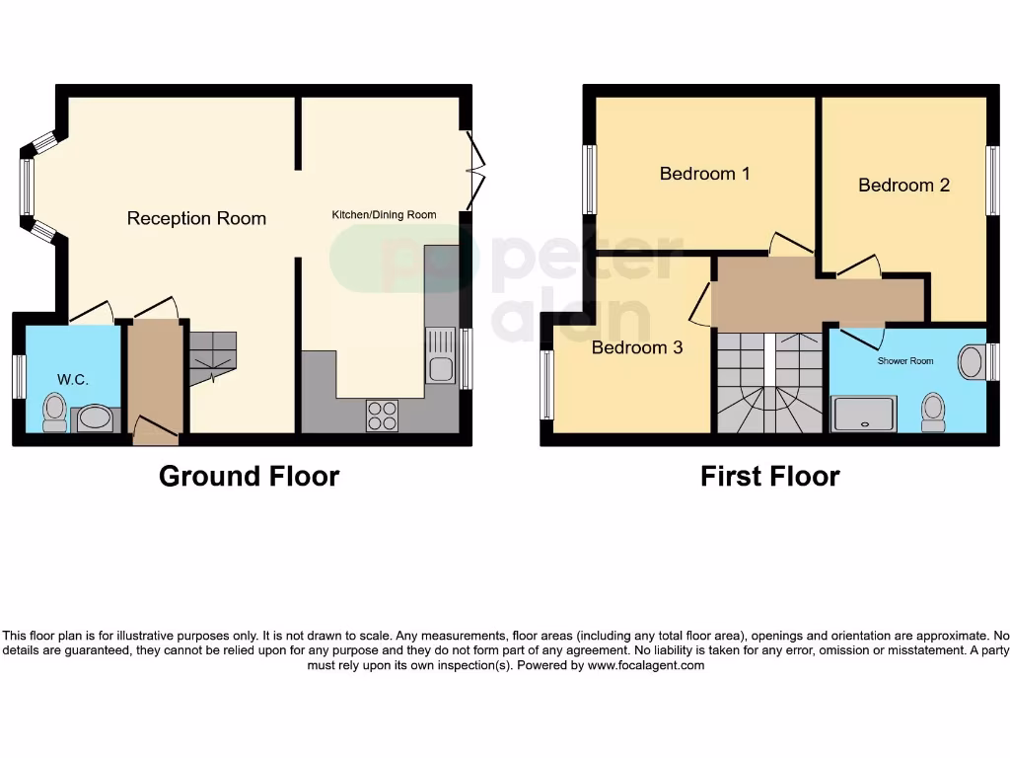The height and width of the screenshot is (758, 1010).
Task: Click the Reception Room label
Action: tap(196, 218)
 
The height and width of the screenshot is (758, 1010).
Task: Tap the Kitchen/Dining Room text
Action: tap(383, 214)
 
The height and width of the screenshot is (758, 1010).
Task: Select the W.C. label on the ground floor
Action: tap(73, 379)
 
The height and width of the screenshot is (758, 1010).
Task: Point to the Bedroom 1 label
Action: tap(704, 174)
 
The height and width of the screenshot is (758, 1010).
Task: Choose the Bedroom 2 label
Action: tap(903, 185)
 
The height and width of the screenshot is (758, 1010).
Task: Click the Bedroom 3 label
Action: tap(636, 347)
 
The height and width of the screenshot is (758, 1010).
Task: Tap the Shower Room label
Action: tap(904, 361)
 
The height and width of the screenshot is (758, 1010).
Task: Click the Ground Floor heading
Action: tap(249, 477)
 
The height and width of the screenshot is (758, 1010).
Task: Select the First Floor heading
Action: tap(769, 477)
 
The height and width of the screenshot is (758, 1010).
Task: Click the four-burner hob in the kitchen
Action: tap(382, 416)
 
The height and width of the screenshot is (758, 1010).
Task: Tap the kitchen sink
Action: tap(441, 357)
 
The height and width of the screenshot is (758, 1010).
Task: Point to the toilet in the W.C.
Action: tap(54, 412)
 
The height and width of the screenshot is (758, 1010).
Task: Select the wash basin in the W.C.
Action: tap(96, 418)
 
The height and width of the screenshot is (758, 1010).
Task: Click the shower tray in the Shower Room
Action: tap(864, 414)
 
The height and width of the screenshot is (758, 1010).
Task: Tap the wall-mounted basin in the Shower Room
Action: tap(972, 362)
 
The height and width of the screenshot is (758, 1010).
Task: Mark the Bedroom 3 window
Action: tap(546, 385)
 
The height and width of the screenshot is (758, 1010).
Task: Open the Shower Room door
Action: tap(858, 336)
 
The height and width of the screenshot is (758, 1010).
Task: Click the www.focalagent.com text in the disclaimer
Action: tap(646, 665)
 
